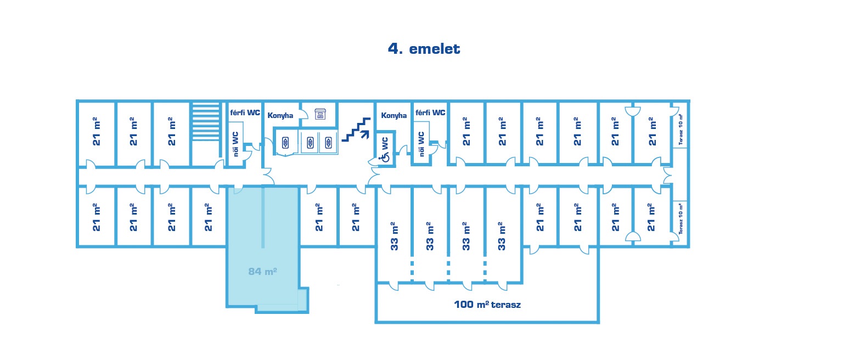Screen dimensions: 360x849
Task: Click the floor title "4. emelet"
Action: [x=424, y=49]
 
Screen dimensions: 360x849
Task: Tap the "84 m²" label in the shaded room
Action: [x=262, y=271]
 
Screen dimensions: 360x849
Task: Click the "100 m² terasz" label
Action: [x=487, y=305]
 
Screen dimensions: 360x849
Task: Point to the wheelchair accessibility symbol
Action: [x=385, y=158]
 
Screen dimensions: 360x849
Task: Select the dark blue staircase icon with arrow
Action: [x=356, y=130]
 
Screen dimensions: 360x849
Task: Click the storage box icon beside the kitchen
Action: [x=320, y=114]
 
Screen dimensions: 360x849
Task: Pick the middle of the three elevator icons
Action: [x=310, y=143]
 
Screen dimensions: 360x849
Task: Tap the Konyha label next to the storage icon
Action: [x=280, y=115]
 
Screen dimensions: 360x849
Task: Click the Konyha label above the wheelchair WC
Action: [x=394, y=115]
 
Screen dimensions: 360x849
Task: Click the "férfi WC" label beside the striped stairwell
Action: [x=245, y=113]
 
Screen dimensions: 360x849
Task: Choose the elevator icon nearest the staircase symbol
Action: [x=329, y=143]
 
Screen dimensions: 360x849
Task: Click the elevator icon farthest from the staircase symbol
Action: [x=285, y=143]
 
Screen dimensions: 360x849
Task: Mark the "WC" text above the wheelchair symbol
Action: [x=385, y=143]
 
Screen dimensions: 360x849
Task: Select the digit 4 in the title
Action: [x=393, y=49]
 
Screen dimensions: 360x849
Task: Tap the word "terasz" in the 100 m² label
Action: [x=505, y=305]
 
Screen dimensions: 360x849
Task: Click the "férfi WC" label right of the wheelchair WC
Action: [x=430, y=113]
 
